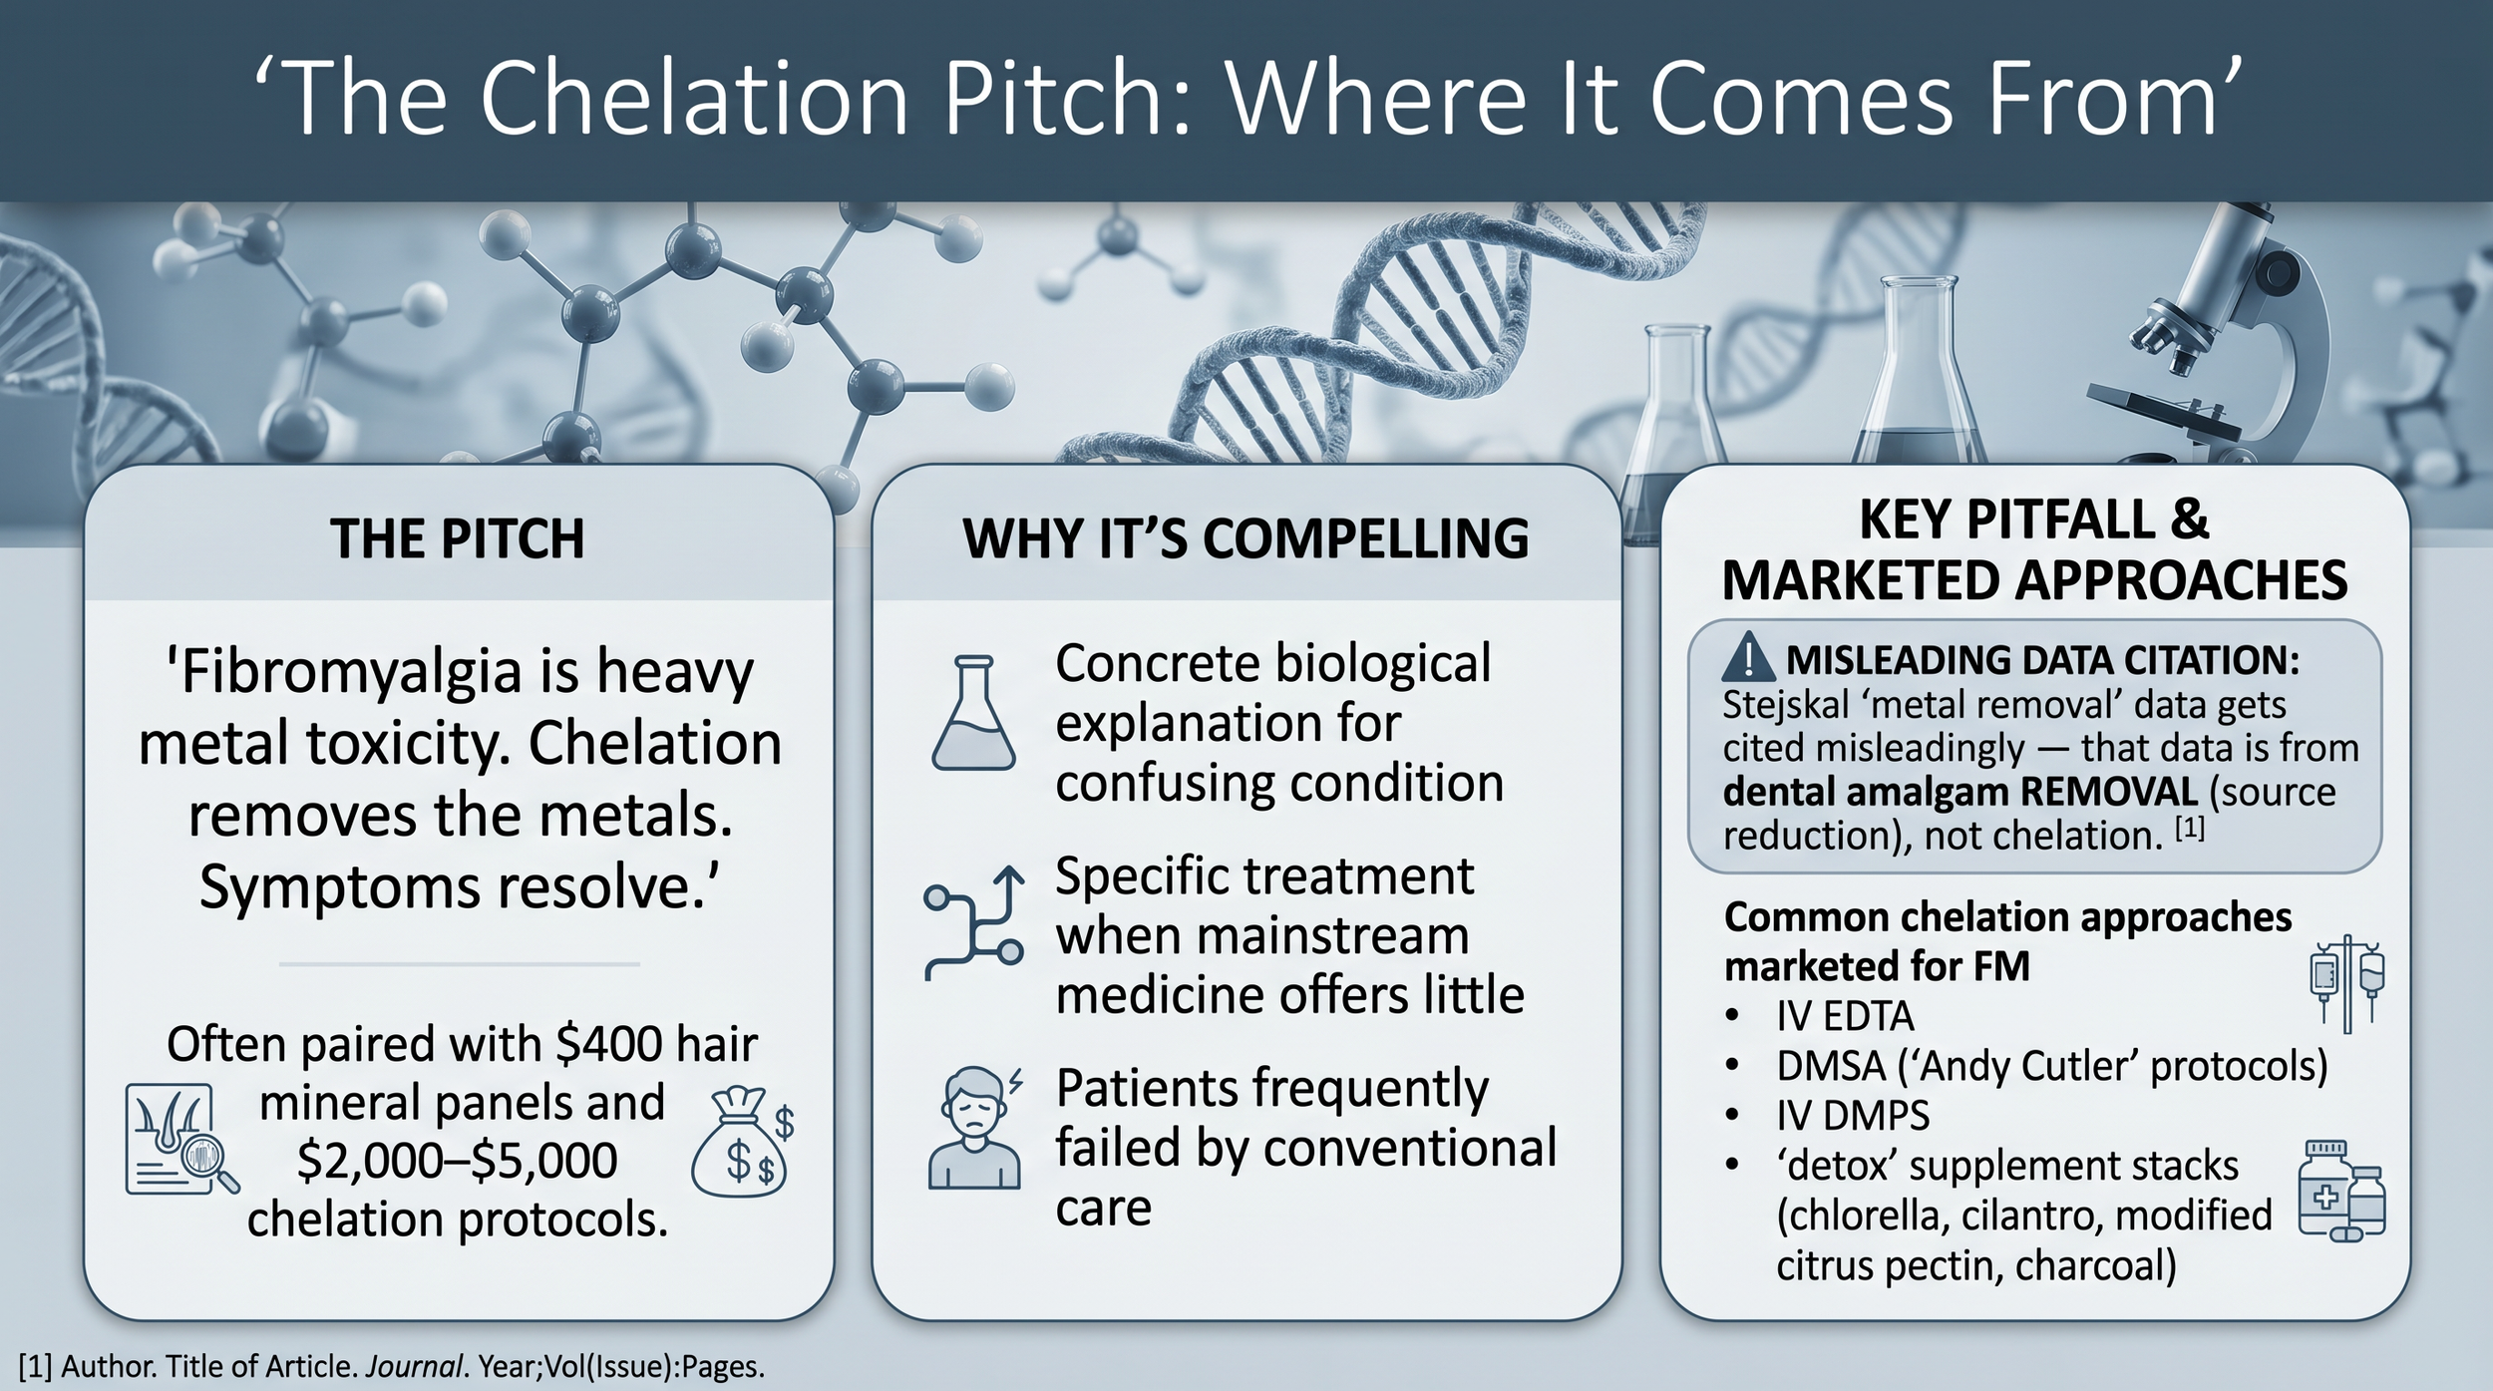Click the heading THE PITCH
[458, 538]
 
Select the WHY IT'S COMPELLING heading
[1246, 538]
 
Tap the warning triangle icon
[1748, 658]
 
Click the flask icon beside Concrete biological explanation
[973, 712]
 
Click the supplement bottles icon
[2341, 1192]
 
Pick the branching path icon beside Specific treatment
[973, 922]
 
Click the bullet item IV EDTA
[1845, 1016]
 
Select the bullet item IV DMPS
[1853, 1115]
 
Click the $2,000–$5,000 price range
[457, 1161]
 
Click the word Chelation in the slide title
[695, 99]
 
